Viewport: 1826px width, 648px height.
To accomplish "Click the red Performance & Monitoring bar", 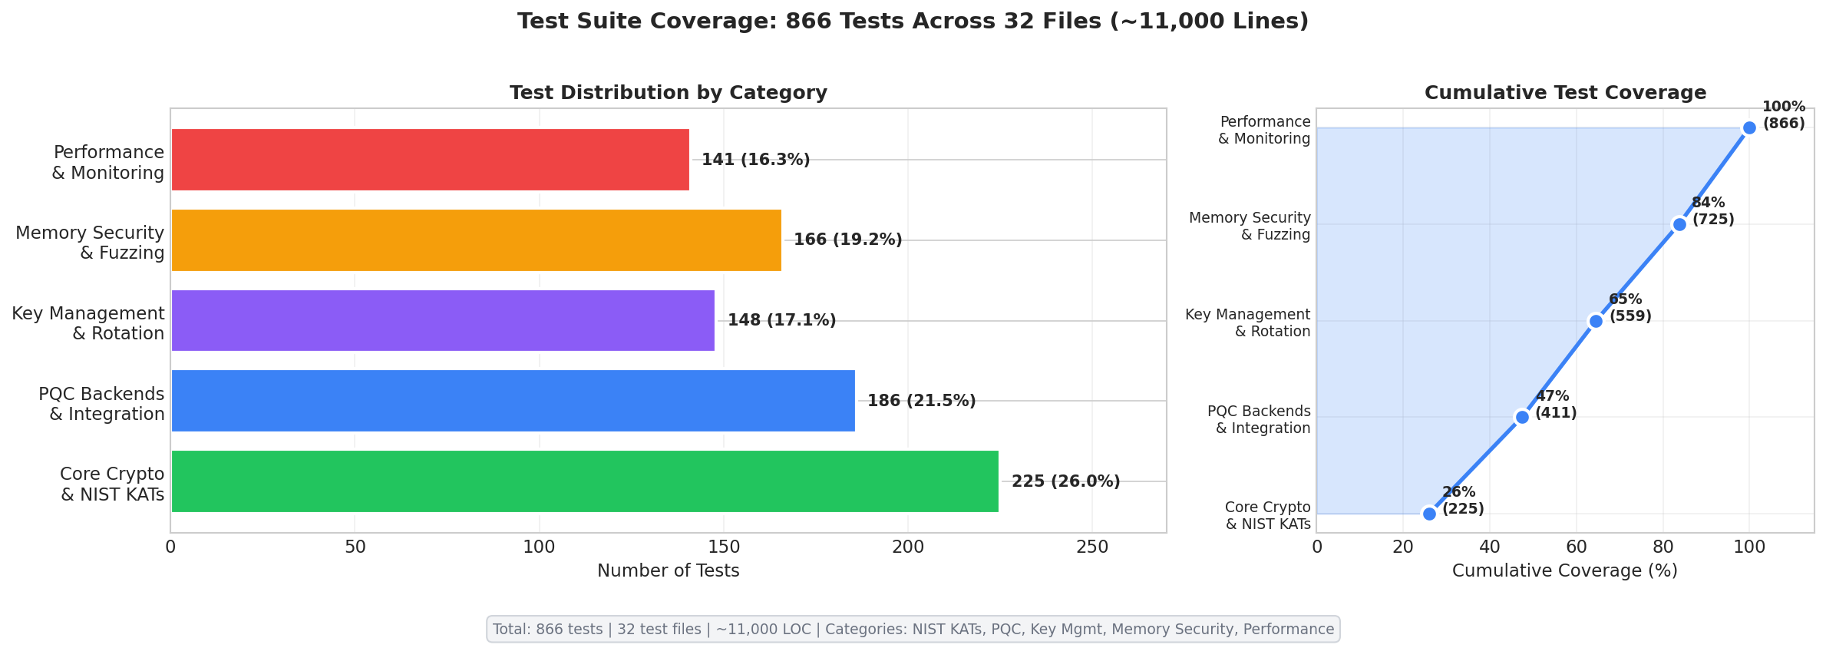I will coord(430,160).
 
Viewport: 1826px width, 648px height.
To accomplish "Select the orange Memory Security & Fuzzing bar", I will coord(476,240).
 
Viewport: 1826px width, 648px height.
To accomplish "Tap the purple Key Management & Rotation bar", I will coord(443,320).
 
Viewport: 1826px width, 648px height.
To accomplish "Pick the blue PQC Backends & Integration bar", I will coord(513,401).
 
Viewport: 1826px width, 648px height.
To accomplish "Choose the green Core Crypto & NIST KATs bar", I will coord(584,481).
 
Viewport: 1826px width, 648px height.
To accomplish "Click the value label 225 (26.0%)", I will coord(1065,481).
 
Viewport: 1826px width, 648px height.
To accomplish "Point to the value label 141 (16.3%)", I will coord(755,160).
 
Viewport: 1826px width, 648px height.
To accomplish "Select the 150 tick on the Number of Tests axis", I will coord(724,547).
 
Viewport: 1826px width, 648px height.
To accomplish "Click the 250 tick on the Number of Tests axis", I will coord(1092,547).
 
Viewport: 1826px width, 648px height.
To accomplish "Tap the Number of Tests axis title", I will coord(668,571).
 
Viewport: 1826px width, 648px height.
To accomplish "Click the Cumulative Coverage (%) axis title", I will coord(1564,571).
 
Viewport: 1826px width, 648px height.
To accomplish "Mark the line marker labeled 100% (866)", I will coord(1749,127).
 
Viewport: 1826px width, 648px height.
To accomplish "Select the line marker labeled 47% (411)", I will coord(1522,417).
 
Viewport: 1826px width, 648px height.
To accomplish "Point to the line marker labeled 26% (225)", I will coord(1429,514).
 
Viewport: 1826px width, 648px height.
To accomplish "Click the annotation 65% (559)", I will coord(1630,308).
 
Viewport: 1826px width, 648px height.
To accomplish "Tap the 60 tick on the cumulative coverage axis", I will coord(1577,547).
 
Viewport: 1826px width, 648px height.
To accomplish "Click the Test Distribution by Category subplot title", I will coord(668,93).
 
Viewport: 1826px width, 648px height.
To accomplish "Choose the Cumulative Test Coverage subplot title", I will coord(1565,93).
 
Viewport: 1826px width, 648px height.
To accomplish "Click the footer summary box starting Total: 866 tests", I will coord(913,630).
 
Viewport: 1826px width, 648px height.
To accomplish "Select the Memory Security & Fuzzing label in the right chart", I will coord(1250,226).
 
